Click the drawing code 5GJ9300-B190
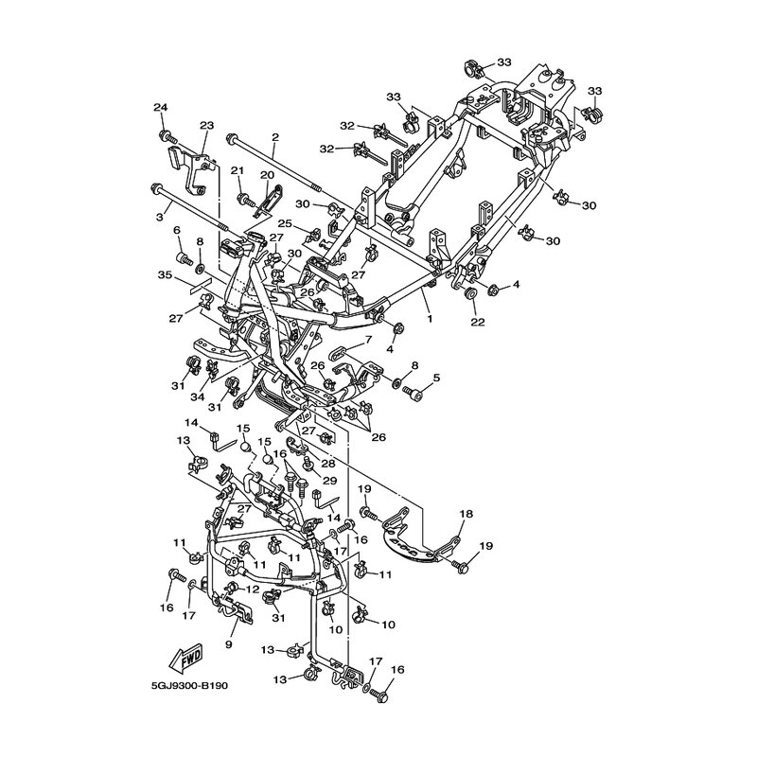(188, 685)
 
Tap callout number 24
(160, 107)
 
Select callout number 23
(206, 126)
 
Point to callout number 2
(275, 137)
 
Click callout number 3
(160, 218)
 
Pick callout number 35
(165, 275)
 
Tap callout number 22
(478, 322)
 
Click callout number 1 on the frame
(430, 319)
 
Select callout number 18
(467, 514)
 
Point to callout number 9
(228, 644)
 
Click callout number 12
(253, 590)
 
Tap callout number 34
(198, 396)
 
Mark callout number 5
(437, 378)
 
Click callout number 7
(369, 340)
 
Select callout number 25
(285, 223)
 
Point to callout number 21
(238, 170)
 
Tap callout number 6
(177, 230)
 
